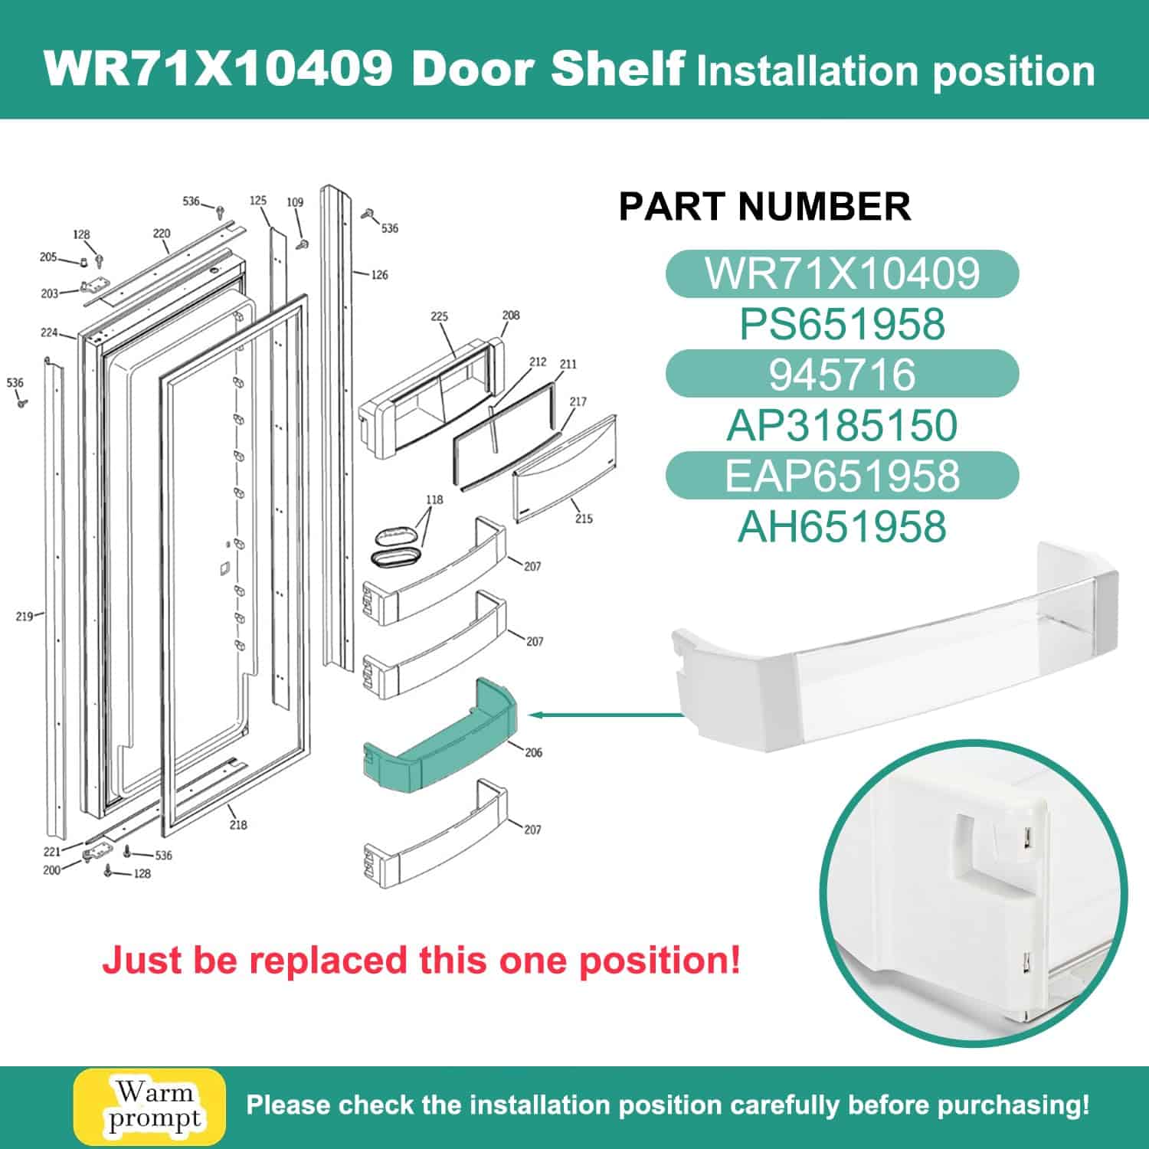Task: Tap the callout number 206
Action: (x=533, y=752)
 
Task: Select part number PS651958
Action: (x=842, y=324)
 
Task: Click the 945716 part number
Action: (x=842, y=375)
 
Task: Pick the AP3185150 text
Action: (x=842, y=425)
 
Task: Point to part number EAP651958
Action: (x=842, y=476)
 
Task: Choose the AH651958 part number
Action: (x=842, y=527)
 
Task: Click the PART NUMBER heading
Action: (x=764, y=206)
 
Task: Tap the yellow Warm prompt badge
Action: (x=149, y=1107)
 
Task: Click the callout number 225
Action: (x=439, y=316)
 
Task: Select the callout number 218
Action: (x=238, y=824)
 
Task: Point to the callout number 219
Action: (x=24, y=616)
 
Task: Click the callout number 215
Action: (x=584, y=519)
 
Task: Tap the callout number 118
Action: (x=434, y=499)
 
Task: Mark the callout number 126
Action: (x=379, y=274)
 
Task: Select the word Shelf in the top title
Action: (x=617, y=69)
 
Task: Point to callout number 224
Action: (x=48, y=332)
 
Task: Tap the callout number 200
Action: (x=51, y=870)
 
